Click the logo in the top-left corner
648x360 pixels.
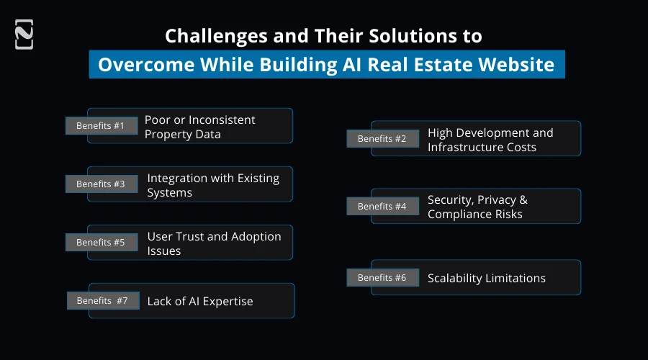click(x=24, y=35)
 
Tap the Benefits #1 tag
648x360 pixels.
click(x=101, y=126)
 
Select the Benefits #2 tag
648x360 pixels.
click(x=382, y=139)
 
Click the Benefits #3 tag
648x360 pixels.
click(x=101, y=184)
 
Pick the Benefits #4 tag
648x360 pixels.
click(x=382, y=207)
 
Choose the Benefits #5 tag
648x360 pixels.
click(x=101, y=243)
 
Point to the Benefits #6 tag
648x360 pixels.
click(x=382, y=278)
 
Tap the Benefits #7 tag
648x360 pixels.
click(x=102, y=301)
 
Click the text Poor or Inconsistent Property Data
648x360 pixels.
click(x=199, y=127)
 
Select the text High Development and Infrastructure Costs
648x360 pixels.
click(x=490, y=140)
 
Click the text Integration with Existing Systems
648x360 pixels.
click(x=213, y=185)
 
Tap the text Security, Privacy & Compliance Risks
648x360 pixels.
click(x=477, y=207)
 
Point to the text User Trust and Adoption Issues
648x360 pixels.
click(x=214, y=243)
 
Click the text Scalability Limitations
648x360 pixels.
click(x=486, y=279)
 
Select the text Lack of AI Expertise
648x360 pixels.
click(x=199, y=302)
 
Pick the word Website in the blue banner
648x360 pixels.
click(x=517, y=65)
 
